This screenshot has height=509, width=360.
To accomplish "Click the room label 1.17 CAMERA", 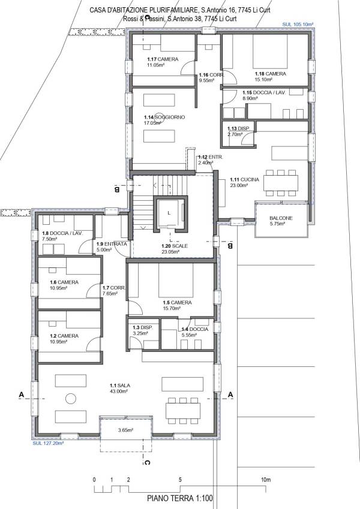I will pos(160,59).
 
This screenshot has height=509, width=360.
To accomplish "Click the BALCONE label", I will pos(281,218).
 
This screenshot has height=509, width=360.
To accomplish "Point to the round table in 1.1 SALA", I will pos(70,397).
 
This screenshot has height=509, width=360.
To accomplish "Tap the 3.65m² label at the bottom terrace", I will pos(125,430).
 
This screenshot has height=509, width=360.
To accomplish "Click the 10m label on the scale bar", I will pos(266,480).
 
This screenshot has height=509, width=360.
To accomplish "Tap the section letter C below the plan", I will pos(147,462).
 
